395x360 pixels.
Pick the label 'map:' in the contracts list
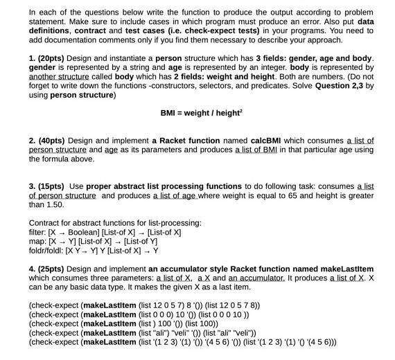[x=38, y=242]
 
